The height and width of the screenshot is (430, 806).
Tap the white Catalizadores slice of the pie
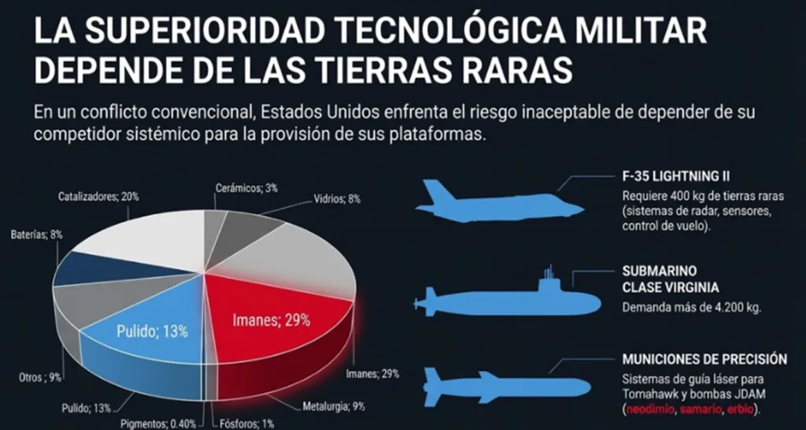click(142, 236)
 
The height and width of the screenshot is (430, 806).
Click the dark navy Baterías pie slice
click(79, 268)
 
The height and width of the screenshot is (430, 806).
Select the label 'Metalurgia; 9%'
click(334, 407)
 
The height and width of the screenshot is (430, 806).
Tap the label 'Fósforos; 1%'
click(246, 424)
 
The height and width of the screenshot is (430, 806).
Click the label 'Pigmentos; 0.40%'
click(157, 424)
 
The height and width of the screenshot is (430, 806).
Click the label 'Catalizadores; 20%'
click(98, 196)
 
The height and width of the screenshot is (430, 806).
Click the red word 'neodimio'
click(649, 410)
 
